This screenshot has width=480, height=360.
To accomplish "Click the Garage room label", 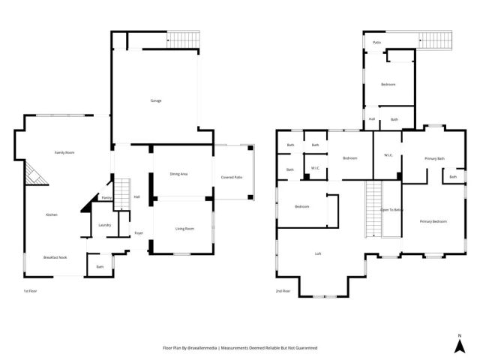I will (155, 100).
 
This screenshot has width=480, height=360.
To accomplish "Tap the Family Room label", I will (64, 152).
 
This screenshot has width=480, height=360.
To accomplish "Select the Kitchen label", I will (51, 214).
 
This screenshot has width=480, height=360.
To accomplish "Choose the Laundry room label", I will (105, 224).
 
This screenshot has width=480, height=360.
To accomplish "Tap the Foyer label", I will (139, 233).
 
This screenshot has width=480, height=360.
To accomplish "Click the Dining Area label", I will (178, 174).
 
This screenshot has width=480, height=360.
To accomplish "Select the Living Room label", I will (184, 228).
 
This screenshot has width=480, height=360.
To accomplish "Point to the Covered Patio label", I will (232, 177).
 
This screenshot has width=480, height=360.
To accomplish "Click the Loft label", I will (318, 254).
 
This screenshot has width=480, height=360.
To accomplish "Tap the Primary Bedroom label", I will (433, 221).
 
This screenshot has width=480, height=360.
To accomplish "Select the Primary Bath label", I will (434, 158).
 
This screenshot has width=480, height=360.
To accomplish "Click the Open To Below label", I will (391, 209).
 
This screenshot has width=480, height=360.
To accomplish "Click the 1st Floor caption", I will (30, 289).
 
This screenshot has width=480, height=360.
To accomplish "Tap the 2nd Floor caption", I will (283, 289).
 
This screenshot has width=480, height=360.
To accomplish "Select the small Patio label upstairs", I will (376, 43).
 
